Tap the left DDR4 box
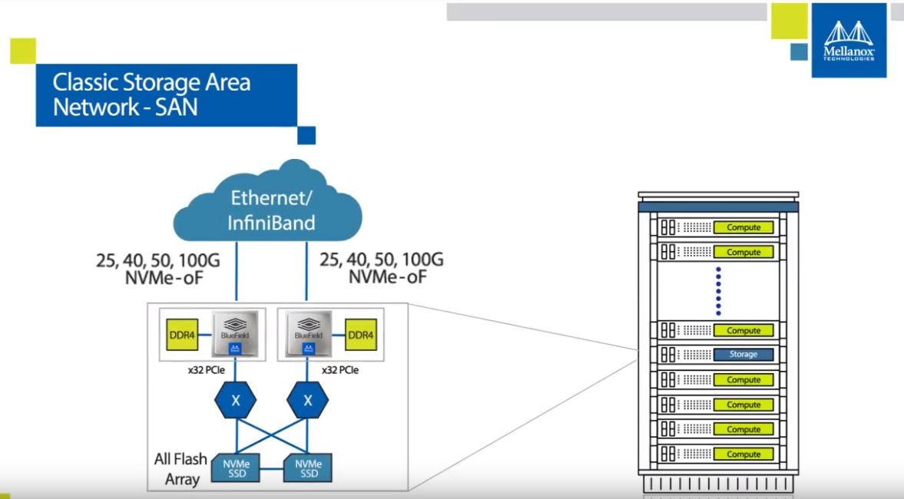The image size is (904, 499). pos(182,335)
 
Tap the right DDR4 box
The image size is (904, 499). pos(360,335)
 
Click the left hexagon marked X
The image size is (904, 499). pos(236,401)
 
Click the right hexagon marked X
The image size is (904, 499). pos(307,401)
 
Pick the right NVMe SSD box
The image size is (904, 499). pos(307,468)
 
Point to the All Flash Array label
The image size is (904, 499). pos(180,469)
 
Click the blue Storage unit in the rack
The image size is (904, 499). pos(743,355)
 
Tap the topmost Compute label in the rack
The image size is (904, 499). pos(743,227)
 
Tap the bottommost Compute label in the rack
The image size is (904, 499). pos(743,454)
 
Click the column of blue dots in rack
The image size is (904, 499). pos(718,291)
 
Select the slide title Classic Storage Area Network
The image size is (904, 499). pos(151,94)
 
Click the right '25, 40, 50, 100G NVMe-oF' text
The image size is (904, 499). pos(382,267)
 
